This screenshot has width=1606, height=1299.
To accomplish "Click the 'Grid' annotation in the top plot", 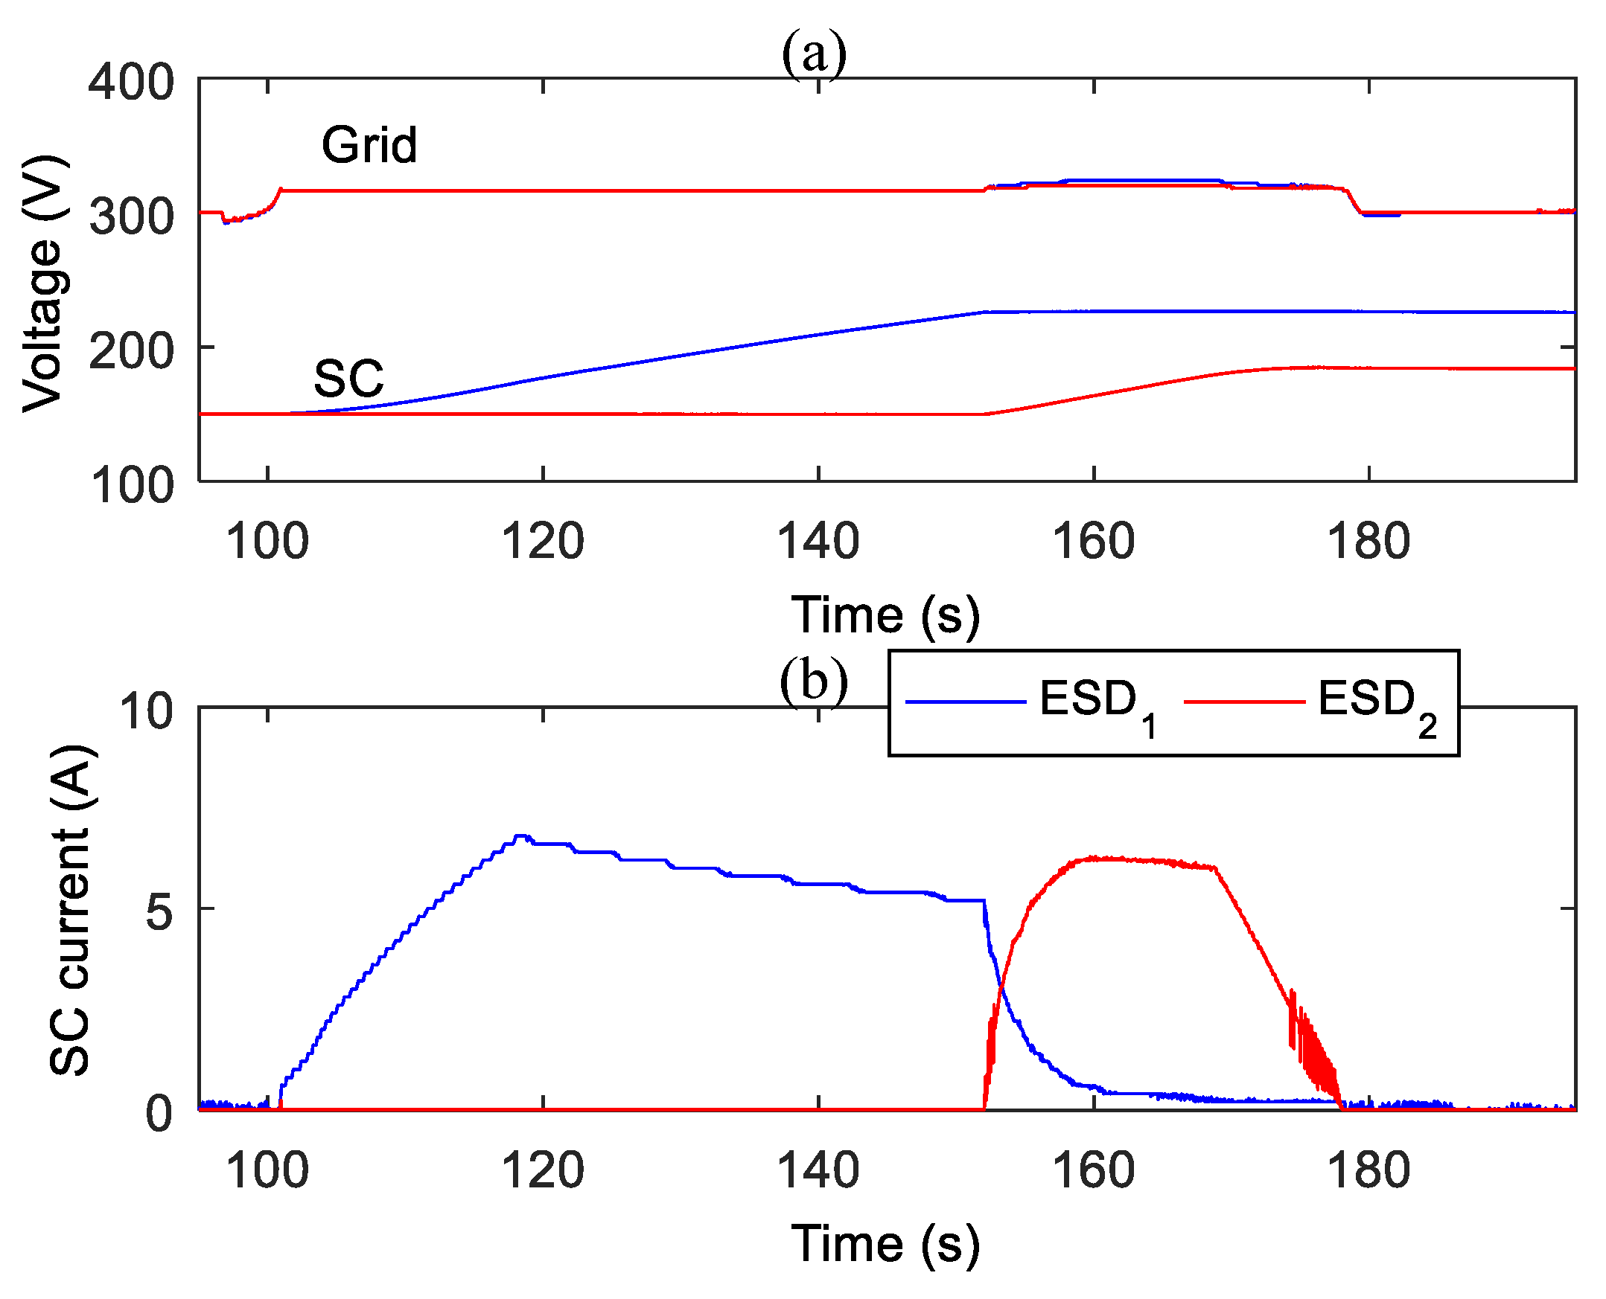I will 369,144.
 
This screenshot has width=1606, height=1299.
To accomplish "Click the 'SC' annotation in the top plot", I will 348,379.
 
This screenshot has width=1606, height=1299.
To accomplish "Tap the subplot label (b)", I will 814,681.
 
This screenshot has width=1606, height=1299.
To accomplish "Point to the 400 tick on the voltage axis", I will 131,82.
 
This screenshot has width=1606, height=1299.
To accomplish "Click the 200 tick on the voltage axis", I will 131,350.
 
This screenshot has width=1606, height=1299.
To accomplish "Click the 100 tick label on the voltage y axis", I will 131,485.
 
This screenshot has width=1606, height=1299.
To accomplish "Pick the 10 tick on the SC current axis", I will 146,710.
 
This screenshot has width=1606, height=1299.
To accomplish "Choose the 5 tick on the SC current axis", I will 159,911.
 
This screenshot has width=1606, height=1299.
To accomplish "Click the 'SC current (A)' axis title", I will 71,910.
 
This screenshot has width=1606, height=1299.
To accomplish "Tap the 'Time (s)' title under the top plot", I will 885,615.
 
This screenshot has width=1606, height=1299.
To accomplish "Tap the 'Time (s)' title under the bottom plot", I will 885,1244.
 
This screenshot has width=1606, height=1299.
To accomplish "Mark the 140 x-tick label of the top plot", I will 818,541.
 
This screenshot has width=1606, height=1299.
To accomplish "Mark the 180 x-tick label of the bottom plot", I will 1368,1170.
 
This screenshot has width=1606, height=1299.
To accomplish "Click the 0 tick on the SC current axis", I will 159,1114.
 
